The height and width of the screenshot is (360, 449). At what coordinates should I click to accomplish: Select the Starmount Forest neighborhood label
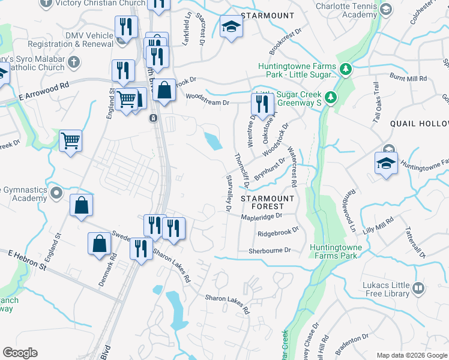point(267,203)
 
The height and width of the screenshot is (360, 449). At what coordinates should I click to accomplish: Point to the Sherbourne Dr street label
point(270,250)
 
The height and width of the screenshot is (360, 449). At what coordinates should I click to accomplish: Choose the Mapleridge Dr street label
point(262,217)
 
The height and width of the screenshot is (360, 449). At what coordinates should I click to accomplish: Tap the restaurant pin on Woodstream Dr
point(262,104)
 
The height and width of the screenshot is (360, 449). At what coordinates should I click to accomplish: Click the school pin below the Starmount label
point(231,27)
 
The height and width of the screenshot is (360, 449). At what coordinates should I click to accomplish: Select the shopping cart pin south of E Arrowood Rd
point(71,141)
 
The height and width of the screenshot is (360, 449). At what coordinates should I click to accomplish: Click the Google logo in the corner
point(20,353)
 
